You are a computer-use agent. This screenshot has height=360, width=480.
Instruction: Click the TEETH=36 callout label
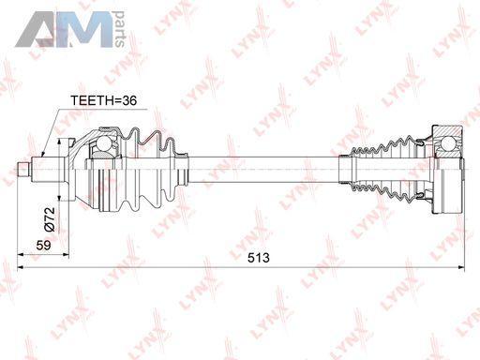(x=103, y=100)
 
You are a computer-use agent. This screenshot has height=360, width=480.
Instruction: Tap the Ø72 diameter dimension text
(x=50, y=219)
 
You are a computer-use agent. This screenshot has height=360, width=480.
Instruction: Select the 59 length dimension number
(x=43, y=246)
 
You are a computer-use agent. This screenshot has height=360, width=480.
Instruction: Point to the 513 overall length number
(x=259, y=258)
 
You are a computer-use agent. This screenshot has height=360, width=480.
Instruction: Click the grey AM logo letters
(x=64, y=29)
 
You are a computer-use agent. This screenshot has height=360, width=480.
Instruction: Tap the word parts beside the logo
(x=120, y=29)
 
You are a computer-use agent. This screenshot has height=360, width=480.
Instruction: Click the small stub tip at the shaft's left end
(x=23, y=169)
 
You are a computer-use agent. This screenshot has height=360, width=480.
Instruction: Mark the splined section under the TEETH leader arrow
(x=48, y=169)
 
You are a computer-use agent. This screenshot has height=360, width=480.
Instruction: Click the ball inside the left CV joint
(x=104, y=143)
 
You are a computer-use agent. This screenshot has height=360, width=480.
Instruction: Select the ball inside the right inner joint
(x=449, y=144)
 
